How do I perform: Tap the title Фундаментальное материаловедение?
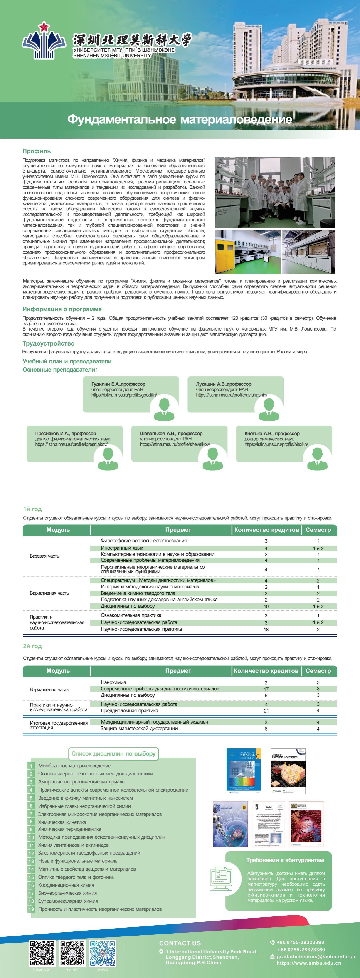coord(180,119)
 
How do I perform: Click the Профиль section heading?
coord(37,151)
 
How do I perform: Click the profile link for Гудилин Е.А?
coord(124,395)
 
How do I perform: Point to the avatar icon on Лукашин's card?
coord(269,408)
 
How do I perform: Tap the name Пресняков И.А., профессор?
coord(65,433)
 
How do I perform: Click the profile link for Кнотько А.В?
coord(276,444)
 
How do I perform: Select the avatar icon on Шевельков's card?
coord(213,458)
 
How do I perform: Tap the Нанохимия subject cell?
coord(113,682)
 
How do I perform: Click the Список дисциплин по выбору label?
coord(113,754)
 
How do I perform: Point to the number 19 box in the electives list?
coord(31,909)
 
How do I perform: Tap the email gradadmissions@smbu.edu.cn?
coord(316,956)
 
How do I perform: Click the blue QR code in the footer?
coord(103,953)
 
